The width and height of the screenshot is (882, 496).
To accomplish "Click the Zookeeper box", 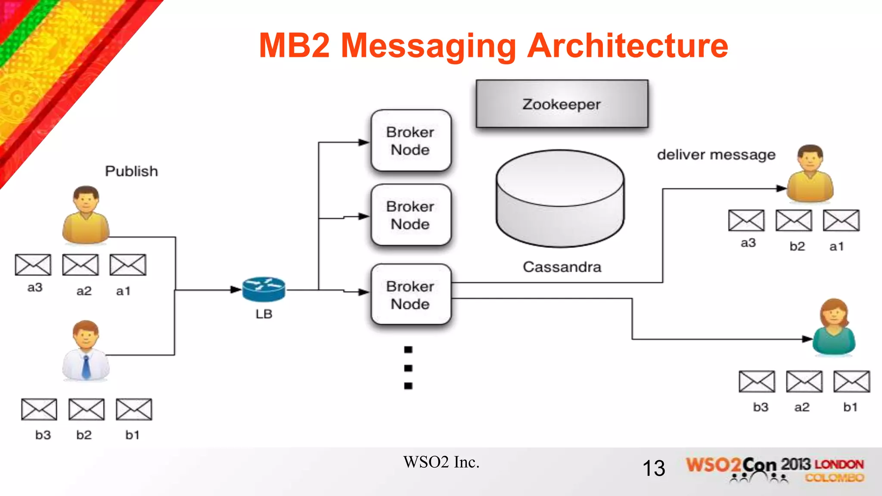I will click(562, 104).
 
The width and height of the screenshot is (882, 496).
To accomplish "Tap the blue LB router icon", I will click(264, 289).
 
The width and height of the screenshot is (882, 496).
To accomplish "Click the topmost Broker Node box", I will click(410, 141).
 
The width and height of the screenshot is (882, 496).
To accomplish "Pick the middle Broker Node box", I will click(410, 215).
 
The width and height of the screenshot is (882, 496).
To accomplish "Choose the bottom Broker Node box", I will click(410, 295).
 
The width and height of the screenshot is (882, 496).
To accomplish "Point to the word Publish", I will click(131, 171).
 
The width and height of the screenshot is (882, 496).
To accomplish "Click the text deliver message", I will click(716, 155).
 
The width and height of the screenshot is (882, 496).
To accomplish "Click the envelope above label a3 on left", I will click(33, 264).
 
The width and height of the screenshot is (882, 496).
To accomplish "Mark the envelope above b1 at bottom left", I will click(134, 409).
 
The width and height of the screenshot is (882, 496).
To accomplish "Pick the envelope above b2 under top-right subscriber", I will click(794, 220).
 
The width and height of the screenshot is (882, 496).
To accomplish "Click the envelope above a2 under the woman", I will click(804, 381).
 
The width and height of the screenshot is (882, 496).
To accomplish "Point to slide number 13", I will click(653, 468).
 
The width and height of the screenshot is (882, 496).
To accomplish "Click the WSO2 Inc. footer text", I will click(441, 462).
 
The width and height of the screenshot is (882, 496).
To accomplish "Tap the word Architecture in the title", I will click(627, 46).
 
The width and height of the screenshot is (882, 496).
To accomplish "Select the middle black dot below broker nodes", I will click(408, 368).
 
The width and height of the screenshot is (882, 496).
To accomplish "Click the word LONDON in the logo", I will click(839, 465).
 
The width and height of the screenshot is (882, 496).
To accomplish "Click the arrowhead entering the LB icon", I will click(236, 290).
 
